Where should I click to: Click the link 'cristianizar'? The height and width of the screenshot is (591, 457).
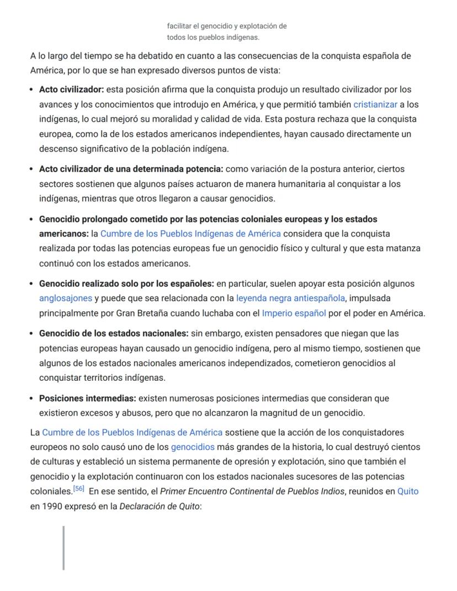coord(375,104)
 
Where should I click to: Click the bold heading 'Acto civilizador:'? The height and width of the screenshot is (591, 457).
coord(71,89)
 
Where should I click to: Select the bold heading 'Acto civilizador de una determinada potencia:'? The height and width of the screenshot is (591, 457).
coord(131,169)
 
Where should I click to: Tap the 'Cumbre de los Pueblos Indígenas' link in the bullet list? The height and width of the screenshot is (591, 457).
coord(190,234)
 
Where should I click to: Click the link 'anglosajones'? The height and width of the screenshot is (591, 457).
coord(65,299)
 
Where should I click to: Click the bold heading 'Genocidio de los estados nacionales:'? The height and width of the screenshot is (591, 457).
coord(114,333)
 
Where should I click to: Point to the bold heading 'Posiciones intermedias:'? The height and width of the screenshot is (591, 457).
coord(87,398)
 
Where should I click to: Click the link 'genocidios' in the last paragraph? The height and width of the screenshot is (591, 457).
coord(192,447)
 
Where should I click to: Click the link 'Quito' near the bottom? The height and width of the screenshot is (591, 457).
coord(407,491)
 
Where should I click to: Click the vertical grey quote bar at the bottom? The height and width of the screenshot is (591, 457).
coord(64,547)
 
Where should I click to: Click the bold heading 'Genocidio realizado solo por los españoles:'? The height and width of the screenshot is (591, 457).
coord(126,284)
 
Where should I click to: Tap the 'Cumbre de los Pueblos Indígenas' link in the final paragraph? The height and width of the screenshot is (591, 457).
coord(132,432)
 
